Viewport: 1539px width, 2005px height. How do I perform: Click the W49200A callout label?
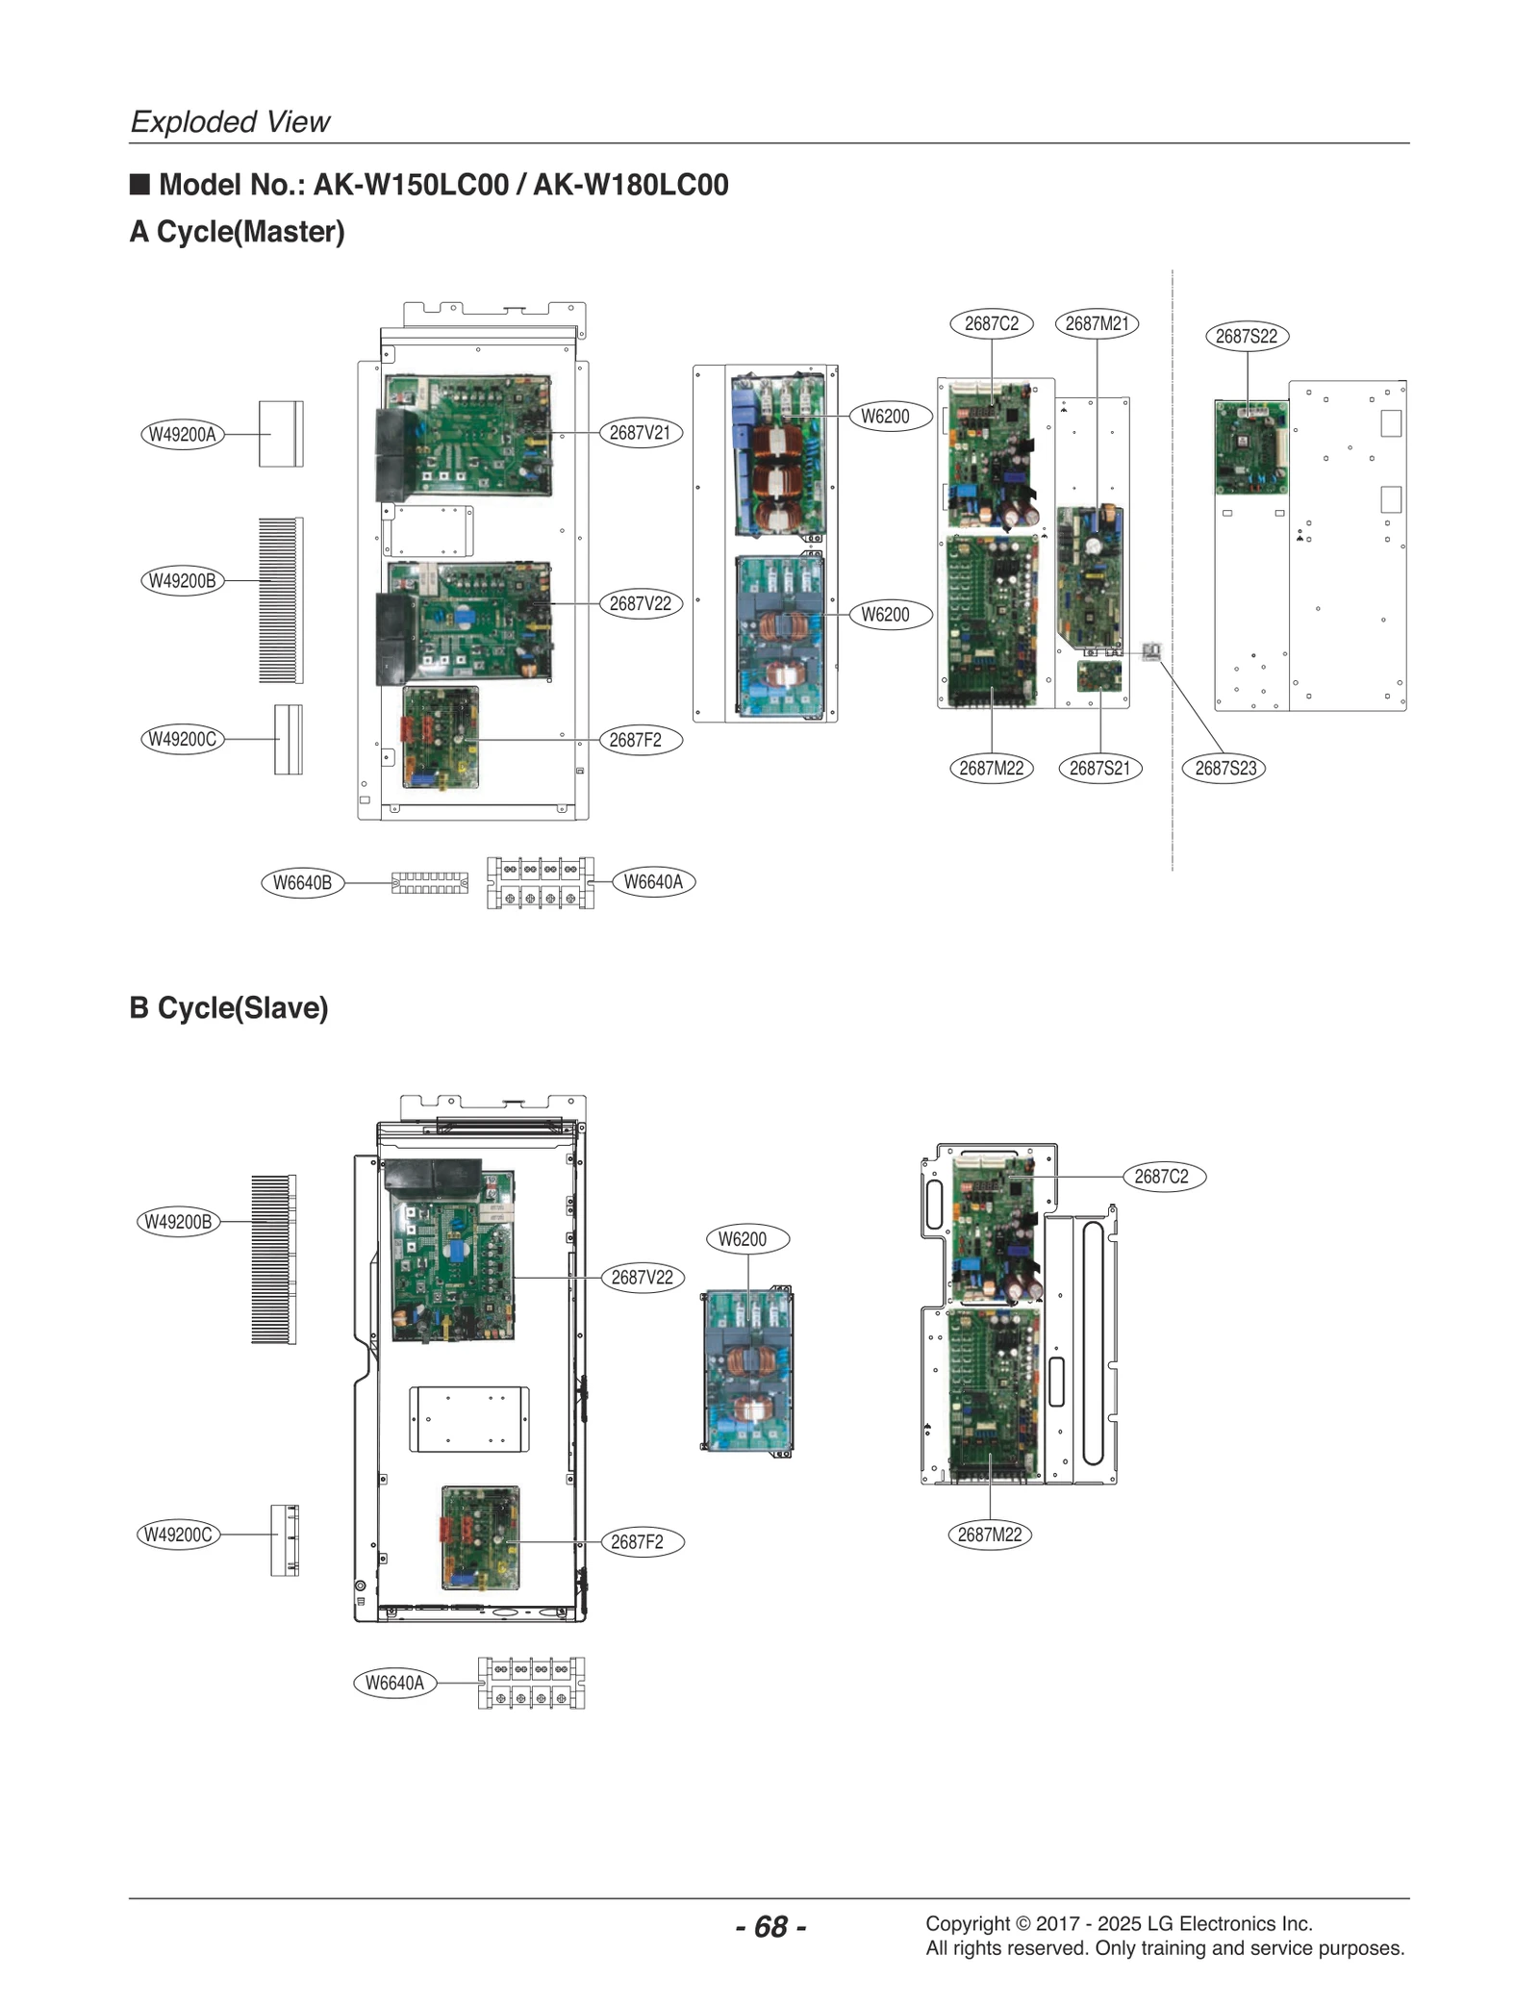pos(182,434)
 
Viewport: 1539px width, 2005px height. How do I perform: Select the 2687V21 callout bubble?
pos(640,433)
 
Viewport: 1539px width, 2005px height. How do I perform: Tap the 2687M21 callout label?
pos(1097,323)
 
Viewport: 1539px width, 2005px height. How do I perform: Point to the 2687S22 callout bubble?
pos(1247,336)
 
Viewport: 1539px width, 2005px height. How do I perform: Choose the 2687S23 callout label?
pos(1224,768)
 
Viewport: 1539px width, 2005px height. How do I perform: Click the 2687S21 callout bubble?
pos(1099,768)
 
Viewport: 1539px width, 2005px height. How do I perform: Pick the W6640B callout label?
pos(302,882)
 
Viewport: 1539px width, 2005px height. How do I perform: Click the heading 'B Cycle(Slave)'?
pos(229,1007)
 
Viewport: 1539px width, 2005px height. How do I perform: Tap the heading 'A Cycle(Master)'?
pos(238,232)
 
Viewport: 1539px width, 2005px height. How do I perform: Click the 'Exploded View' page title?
pos(230,122)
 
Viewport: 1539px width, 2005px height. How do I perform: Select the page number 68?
pos(770,1926)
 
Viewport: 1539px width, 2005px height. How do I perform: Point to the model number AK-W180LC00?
pos(631,185)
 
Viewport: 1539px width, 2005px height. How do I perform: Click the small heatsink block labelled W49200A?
pos(281,434)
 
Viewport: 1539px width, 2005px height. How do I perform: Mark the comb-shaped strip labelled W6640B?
pos(430,883)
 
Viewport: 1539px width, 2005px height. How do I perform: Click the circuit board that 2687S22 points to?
pos(1250,447)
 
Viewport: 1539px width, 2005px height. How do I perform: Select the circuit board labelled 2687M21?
pos(1091,576)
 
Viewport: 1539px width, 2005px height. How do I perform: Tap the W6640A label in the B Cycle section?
pos(394,1683)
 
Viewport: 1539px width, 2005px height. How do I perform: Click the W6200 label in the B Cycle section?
pos(743,1239)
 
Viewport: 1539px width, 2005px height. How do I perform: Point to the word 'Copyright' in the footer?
pos(968,1924)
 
